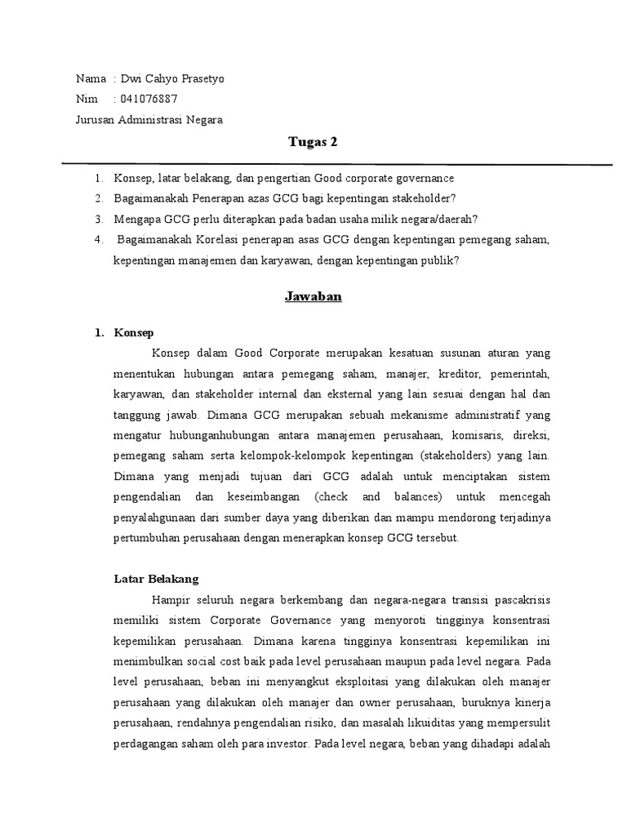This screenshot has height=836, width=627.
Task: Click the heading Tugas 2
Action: (x=313, y=142)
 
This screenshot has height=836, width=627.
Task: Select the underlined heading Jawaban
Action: (x=313, y=296)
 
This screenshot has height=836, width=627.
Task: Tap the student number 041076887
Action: (x=149, y=99)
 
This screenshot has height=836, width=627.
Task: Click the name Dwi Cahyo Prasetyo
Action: (x=172, y=79)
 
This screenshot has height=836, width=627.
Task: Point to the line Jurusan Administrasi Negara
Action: (x=149, y=119)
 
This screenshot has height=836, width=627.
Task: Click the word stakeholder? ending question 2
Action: (x=426, y=198)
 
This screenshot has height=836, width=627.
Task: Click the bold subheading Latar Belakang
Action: (x=155, y=579)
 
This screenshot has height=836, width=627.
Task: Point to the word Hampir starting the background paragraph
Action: (x=170, y=599)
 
